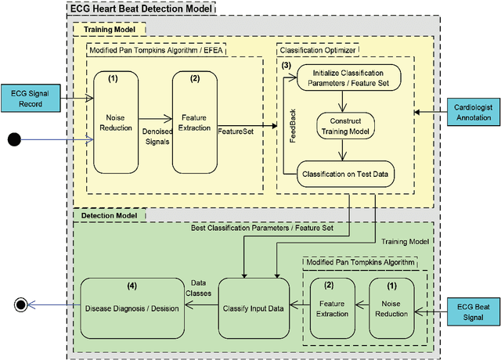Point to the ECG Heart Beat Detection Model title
click(x=141, y=9)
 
